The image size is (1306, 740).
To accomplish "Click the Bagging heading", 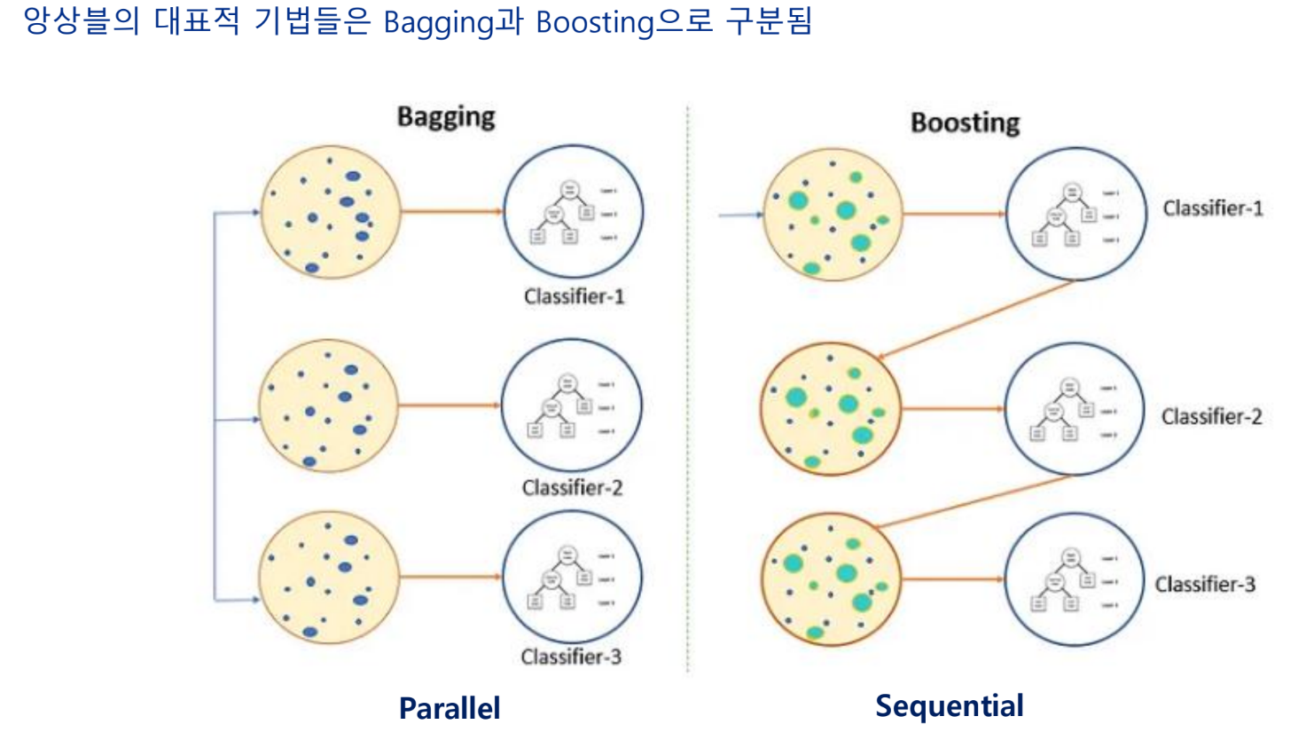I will click(446, 116).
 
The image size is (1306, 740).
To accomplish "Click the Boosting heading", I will click(965, 122).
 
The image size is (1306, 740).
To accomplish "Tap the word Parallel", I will click(450, 708).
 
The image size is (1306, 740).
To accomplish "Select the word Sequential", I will click(949, 705).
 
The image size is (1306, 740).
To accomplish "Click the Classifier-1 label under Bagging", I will click(574, 296).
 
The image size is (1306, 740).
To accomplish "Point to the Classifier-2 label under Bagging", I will click(572, 487).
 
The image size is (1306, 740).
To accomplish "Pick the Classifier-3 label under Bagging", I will click(571, 657).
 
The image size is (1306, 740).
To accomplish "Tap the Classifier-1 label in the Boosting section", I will click(1213, 209).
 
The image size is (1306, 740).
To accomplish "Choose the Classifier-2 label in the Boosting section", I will click(1211, 416).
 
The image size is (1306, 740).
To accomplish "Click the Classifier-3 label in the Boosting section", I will click(1205, 584).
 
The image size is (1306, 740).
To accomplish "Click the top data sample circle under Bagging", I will click(330, 212).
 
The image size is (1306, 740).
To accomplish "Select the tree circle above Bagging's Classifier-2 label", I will click(571, 405).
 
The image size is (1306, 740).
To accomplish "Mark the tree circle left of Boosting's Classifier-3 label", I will click(1074, 579).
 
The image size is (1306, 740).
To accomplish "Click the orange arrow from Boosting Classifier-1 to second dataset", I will click(975, 319).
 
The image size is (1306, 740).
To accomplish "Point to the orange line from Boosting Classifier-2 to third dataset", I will click(975, 501).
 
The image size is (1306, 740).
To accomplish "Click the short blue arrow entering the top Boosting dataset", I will click(741, 215).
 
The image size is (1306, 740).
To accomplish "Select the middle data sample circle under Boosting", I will click(831, 409).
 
